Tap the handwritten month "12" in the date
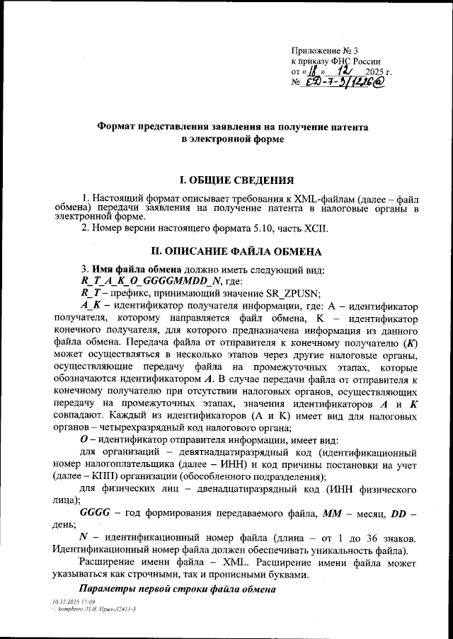[344, 71]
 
